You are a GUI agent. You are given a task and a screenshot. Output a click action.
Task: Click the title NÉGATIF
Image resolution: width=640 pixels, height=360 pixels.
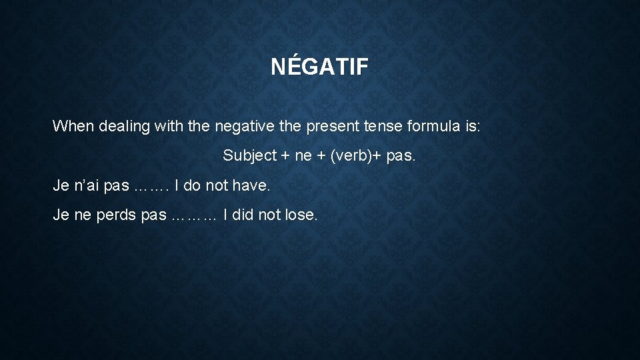[x=319, y=67]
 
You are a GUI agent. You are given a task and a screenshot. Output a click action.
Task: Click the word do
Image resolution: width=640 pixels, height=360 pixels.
[x=191, y=186]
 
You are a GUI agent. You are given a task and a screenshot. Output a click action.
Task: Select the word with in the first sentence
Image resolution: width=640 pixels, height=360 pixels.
[x=174, y=126]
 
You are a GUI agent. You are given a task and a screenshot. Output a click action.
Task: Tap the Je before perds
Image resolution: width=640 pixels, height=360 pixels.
[x=61, y=215]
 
